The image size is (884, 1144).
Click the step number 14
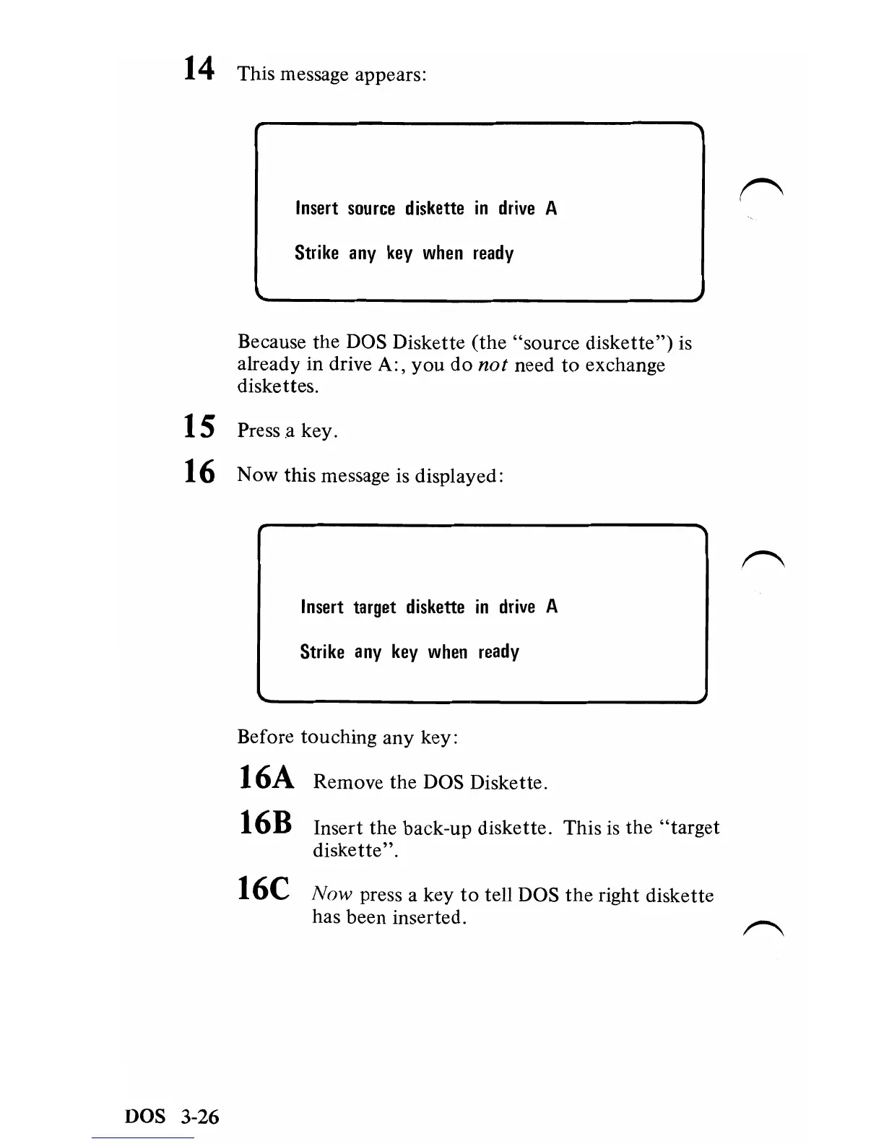[x=199, y=69]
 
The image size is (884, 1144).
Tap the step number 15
[x=199, y=426]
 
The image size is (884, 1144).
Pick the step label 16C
[x=264, y=888]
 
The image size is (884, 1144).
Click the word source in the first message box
[x=371, y=209]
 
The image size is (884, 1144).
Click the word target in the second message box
[x=374, y=608]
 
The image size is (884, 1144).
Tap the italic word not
[x=493, y=365]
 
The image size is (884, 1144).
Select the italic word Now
[x=331, y=895]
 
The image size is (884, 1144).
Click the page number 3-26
[x=199, y=1117]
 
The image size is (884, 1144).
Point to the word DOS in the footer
[x=145, y=1117]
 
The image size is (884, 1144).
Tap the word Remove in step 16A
[x=348, y=783]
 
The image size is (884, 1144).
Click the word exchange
[x=625, y=365]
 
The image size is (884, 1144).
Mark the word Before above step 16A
[x=266, y=737]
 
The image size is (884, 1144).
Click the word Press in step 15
[x=259, y=431]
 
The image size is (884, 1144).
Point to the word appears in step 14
[x=391, y=75]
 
